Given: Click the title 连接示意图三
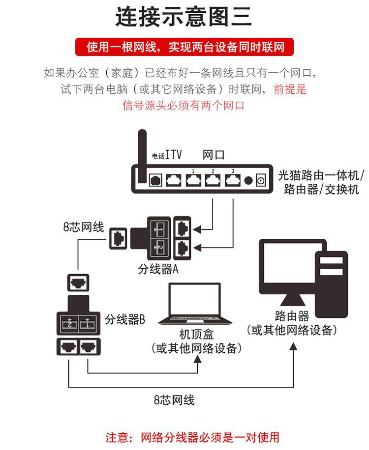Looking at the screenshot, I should pyautogui.click(x=184, y=17).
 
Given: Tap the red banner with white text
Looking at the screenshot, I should pyautogui.click(x=184, y=47).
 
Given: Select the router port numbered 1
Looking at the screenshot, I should pyautogui.click(x=193, y=180).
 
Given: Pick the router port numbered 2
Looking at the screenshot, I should pyautogui.click(x=213, y=180).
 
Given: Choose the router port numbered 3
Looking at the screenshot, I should pyautogui.click(x=232, y=180).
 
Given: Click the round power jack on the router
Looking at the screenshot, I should pyautogui.click(x=248, y=181).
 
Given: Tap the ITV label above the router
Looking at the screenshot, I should pyautogui.click(x=173, y=155).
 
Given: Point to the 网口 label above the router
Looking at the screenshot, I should pyautogui.click(x=214, y=155).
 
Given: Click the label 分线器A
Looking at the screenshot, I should pyautogui.click(x=158, y=270).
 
